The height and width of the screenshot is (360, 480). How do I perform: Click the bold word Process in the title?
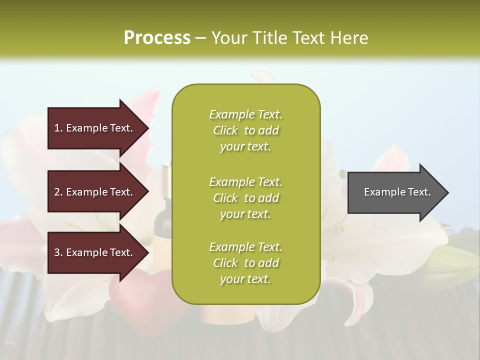[157, 38]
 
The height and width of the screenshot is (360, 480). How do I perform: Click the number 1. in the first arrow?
[58, 128]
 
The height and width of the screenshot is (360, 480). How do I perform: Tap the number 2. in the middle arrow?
[58, 192]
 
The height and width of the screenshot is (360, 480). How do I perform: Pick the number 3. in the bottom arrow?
[58, 252]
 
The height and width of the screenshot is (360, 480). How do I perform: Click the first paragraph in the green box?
[245, 130]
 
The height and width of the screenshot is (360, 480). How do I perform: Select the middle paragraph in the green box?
[245, 197]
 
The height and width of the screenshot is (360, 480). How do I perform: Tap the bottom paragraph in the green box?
[245, 263]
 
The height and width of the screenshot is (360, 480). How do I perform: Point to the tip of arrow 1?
[148, 128]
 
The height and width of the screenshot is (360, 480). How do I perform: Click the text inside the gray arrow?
[397, 192]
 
